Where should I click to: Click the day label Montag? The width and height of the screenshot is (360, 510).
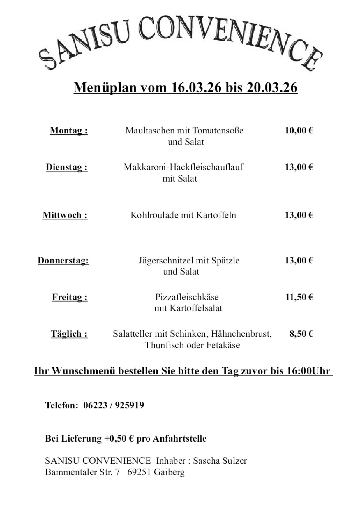pos(69,131)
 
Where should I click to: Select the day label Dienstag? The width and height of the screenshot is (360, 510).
pos(67,167)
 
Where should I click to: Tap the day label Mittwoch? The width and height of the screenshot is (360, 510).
pos(65,215)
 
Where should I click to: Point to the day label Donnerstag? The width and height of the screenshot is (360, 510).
pos(63,261)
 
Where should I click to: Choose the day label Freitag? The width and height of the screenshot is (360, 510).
pos(70,297)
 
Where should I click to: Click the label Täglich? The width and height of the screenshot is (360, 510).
pos(69,334)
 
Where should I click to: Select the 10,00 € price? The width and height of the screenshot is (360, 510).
pos(299,131)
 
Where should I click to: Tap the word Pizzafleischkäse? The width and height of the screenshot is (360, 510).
pos(187,297)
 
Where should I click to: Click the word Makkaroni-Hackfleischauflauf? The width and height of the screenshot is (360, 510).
pos(183,167)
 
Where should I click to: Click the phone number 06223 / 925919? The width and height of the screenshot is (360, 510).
pos(114,405)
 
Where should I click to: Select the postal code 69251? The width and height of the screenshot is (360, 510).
pos(139,472)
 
